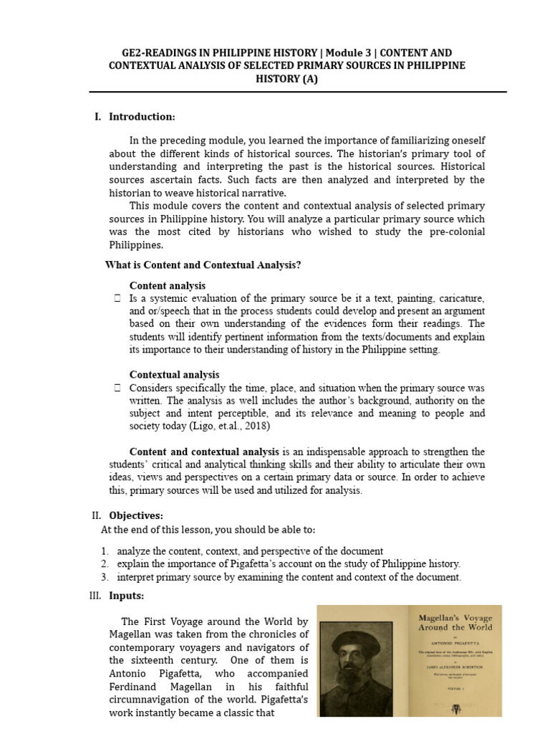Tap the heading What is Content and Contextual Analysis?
pyautogui.click(x=203, y=265)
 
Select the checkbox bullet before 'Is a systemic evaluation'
pyautogui.click(x=117, y=298)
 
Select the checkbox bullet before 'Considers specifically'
pyautogui.click(x=117, y=388)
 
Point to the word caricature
pyautogui.click(x=458, y=298)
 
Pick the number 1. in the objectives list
pyautogui.click(x=105, y=550)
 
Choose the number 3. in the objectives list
pyautogui.click(x=105, y=577)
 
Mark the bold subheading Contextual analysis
pyautogui.click(x=174, y=375)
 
